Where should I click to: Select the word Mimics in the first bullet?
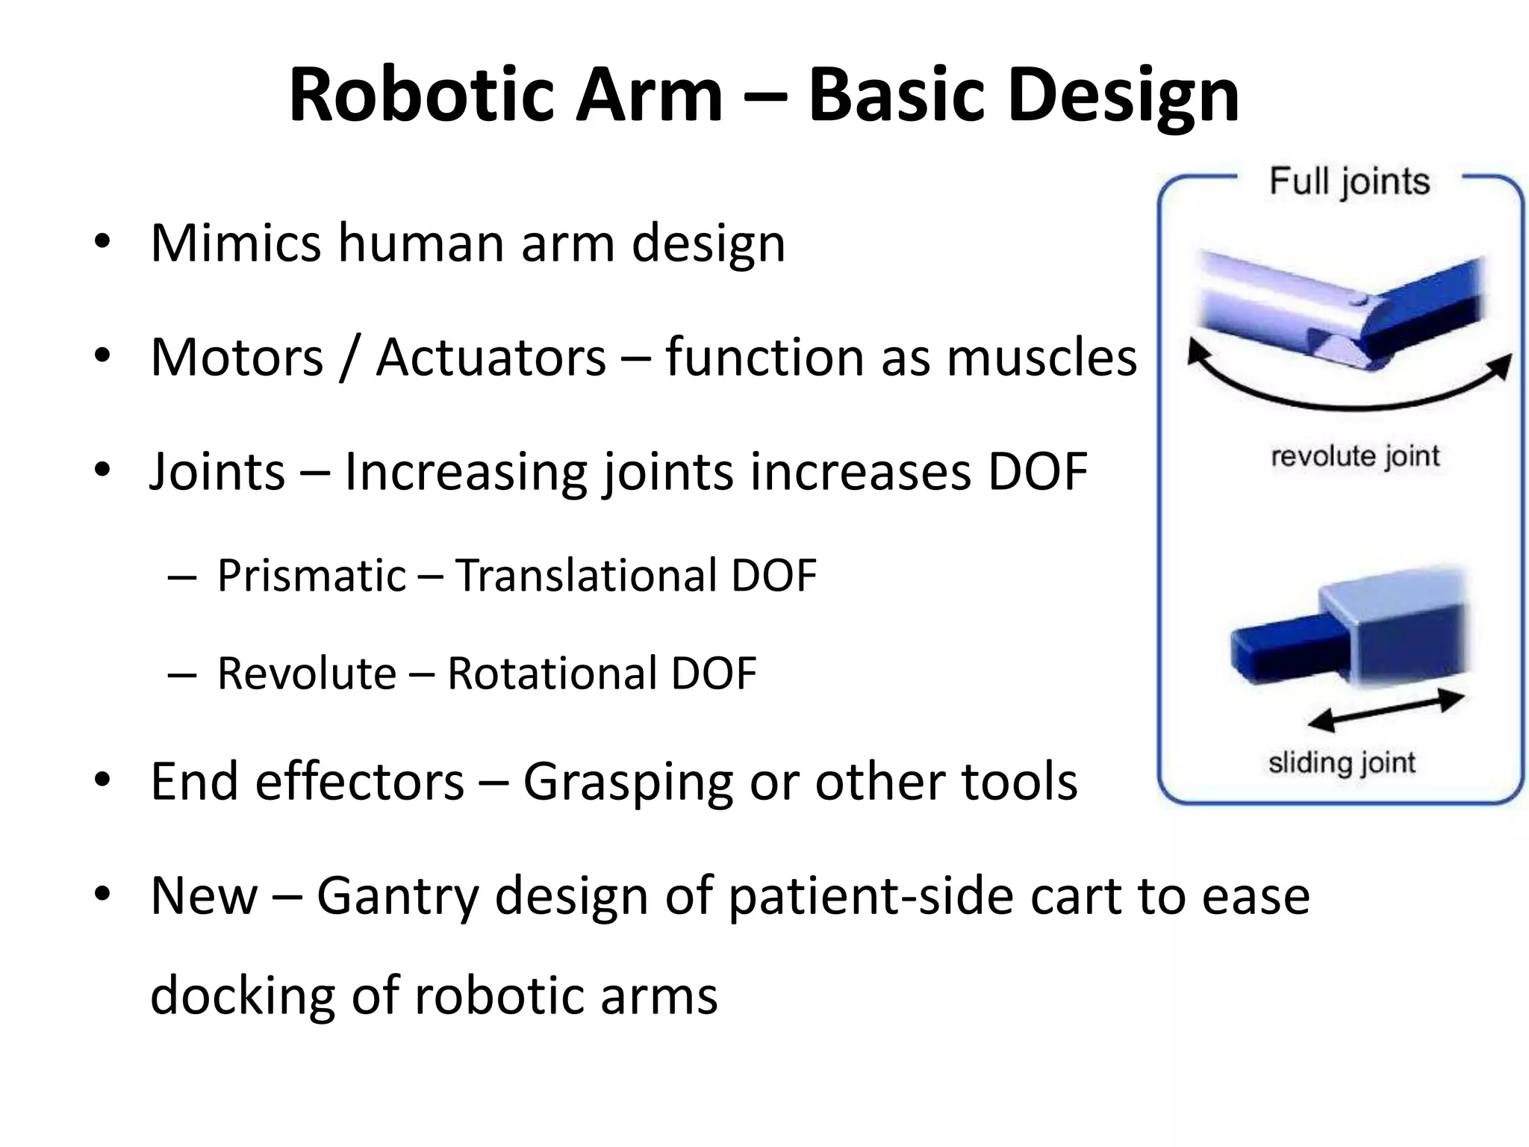coord(235,243)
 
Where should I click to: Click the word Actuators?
coord(491,358)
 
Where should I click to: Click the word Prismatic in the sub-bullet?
coord(311,576)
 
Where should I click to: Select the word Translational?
coord(587,576)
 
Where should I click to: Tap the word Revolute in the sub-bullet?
coord(306,674)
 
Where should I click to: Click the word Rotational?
coord(551,674)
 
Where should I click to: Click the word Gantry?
coord(397,896)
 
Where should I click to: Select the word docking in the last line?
coord(242,996)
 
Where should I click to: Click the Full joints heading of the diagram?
coord(1349,181)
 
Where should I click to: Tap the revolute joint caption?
coord(1354,456)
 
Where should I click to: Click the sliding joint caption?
coord(1342,763)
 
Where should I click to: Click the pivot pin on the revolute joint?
coord(1361,301)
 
